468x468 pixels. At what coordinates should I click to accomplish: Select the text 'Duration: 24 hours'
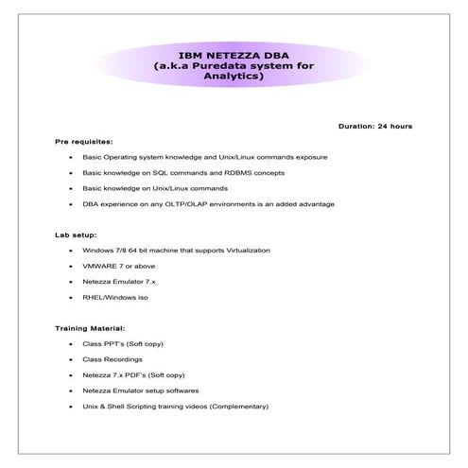pos(374,126)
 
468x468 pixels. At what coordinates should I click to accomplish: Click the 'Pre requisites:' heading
pos(83,141)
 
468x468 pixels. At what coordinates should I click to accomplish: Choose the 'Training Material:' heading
pos(90,328)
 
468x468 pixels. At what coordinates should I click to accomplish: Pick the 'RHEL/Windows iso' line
pos(114,297)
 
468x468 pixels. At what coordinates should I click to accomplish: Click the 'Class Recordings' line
pos(112,359)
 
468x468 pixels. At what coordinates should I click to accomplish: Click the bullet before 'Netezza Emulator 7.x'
pos(70,282)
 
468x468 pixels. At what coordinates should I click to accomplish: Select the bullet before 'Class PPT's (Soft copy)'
pos(70,344)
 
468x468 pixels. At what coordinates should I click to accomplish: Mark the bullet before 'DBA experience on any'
pos(70,204)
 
